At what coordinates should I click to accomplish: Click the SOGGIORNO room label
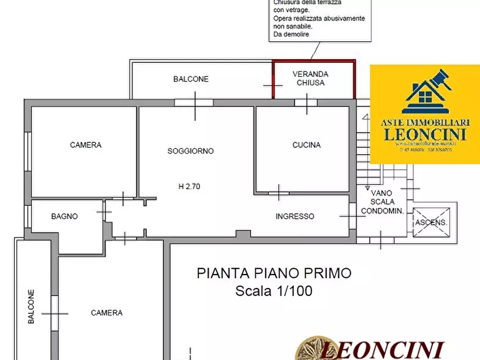point(190,151)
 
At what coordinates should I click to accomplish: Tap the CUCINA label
point(306,145)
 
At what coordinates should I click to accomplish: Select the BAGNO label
point(65,217)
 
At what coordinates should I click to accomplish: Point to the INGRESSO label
point(295,217)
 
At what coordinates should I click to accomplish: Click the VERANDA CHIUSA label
point(310,78)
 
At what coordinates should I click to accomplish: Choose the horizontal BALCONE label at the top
point(191,79)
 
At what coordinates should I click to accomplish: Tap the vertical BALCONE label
point(31,307)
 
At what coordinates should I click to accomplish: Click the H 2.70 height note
point(190,186)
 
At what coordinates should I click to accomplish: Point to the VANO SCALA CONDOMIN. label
point(382,201)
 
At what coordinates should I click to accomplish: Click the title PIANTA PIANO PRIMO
point(274,273)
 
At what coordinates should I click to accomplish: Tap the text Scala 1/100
point(274,291)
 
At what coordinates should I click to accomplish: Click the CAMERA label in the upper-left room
point(85,145)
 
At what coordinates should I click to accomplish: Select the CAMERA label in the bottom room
point(106,313)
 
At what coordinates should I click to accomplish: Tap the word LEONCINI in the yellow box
point(425,134)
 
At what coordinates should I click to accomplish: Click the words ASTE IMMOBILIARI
point(425,123)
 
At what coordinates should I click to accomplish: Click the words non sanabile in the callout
point(293,26)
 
